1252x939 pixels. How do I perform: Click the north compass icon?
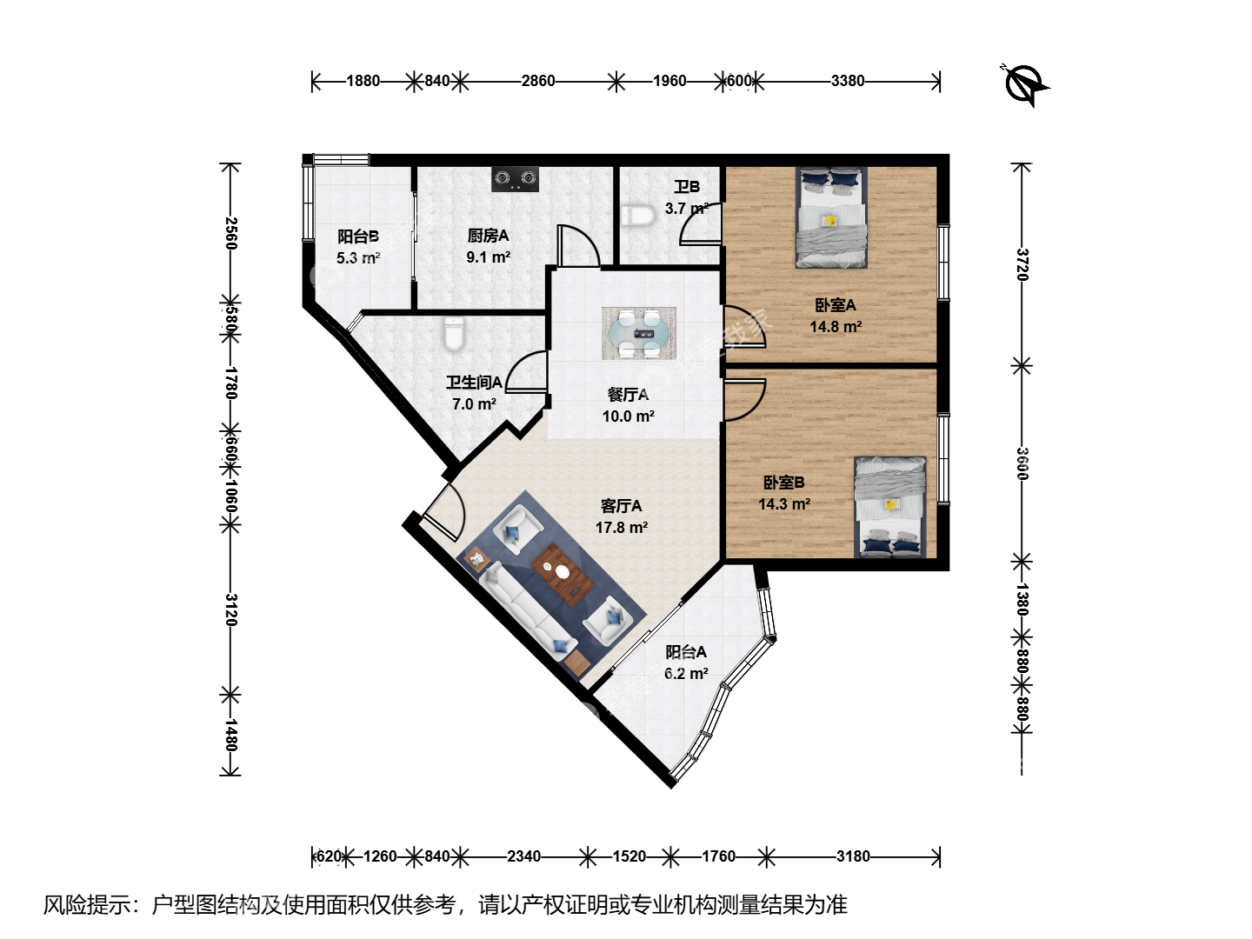tap(1024, 85)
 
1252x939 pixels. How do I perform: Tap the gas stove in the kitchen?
tap(515, 179)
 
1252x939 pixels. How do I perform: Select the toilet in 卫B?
tap(638, 216)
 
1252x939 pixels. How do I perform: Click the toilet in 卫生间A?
tap(454, 334)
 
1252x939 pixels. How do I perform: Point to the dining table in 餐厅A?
tap(639, 334)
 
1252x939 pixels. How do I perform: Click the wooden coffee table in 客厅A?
tap(563, 574)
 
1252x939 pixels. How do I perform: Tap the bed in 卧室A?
tap(832, 217)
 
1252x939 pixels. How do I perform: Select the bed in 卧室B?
tap(889, 507)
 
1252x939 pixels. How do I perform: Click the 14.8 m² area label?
tap(836, 327)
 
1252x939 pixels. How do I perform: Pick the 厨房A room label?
tap(488, 236)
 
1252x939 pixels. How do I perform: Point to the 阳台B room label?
tap(357, 236)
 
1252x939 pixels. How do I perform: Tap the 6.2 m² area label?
tap(686, 673)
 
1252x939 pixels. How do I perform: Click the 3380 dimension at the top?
tap(848, 81)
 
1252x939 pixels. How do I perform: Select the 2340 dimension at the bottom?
tap(523, 856)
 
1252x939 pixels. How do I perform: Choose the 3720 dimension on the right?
tap(1022, 264)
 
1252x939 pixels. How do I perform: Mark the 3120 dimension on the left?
tap(231, 609)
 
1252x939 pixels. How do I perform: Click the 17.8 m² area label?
tap(621, 528)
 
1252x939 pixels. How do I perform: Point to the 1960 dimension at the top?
tap(669, 81)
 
